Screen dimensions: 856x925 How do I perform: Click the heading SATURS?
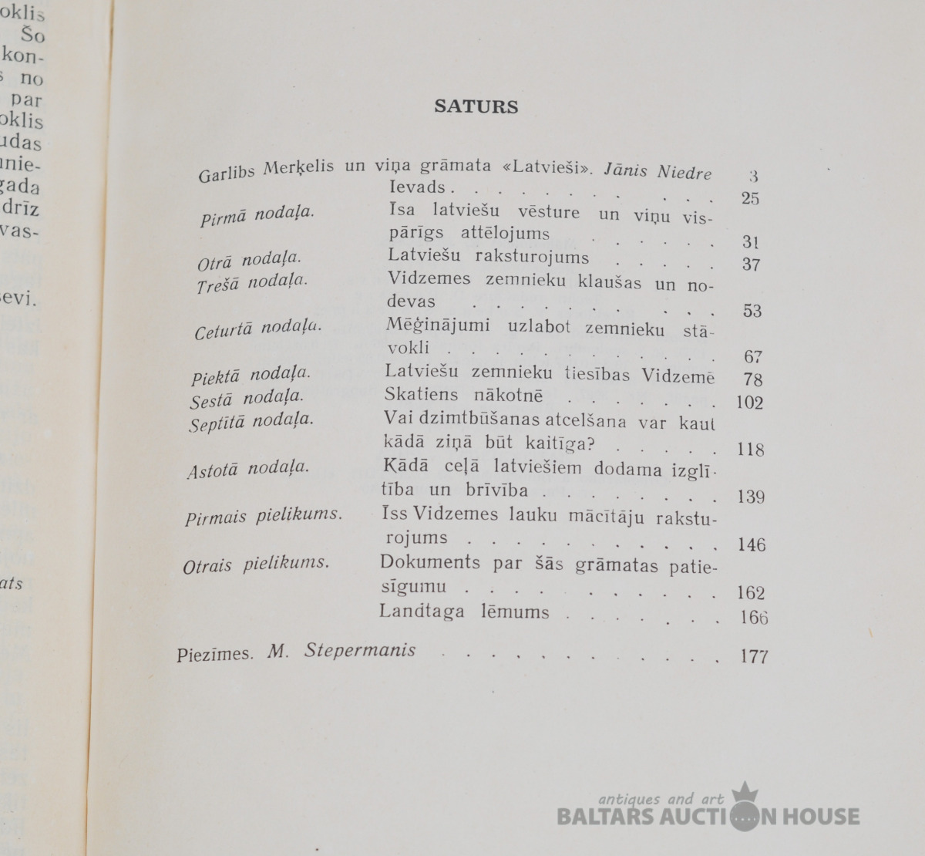click(x=476, y=106)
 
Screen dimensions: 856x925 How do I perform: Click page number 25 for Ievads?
click(x=750, y=198)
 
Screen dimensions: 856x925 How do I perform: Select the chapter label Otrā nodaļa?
click(x=248, y=260)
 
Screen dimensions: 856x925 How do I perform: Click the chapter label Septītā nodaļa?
click(x=251, y=422)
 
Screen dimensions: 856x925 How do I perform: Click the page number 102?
click(x=749, y=403)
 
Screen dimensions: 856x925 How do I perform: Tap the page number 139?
click(x=750, y=497)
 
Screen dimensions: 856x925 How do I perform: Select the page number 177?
click(x=754, y=656)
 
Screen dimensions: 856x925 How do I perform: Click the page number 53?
click(x=752, y=311)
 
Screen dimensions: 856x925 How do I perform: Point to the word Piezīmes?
click(x=214, y=655)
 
